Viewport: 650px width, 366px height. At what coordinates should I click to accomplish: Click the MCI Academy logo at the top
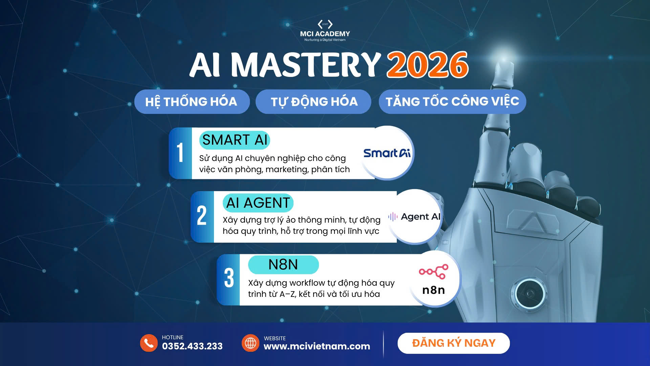pos(325,30)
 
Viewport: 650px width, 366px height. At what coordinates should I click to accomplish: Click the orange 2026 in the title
pos(428,65)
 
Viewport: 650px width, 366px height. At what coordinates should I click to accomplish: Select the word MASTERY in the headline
pos(306,65)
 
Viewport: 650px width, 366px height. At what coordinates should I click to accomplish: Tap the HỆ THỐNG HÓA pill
pos(192,102)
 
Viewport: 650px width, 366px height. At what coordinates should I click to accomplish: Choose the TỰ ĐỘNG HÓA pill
pos(313,102)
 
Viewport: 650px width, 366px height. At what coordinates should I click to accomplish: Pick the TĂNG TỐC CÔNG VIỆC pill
pos(452,102)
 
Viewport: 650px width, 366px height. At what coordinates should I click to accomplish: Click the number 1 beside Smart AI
pos(180,152)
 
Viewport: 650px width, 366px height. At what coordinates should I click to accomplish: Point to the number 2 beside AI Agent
pos(202,216)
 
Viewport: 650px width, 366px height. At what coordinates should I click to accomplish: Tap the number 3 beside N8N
pos(229,278)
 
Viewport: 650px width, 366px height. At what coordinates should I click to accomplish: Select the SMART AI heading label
pos(235,140)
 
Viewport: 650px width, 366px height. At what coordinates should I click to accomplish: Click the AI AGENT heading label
pos(258,203)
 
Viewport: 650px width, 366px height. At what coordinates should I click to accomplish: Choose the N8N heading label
pos(283,265)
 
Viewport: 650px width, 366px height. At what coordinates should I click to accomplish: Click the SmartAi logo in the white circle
pos(387,153)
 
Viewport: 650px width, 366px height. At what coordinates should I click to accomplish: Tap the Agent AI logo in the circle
pos(414,217)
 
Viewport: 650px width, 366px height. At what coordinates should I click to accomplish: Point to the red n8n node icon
pos(434,271)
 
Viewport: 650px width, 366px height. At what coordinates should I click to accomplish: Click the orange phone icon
pos(149,343)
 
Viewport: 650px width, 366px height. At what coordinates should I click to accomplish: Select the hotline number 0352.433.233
pos(192,346)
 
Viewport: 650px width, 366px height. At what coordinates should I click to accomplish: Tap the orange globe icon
pos(251,343)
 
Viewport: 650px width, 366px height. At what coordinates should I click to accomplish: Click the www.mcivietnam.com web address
pos(317,346)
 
